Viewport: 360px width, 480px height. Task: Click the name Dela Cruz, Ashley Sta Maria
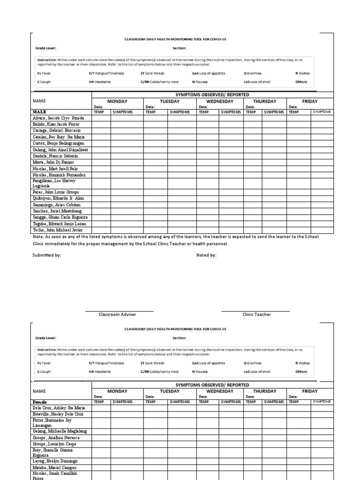59,408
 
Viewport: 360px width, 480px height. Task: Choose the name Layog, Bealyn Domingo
55,461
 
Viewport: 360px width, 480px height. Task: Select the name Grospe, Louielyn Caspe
54,443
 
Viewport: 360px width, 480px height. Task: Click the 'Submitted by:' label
46,255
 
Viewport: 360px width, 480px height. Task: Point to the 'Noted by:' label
206,255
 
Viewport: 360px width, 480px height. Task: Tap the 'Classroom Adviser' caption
119,315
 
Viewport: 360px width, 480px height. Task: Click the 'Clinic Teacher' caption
256,315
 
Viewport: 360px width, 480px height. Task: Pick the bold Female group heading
40,402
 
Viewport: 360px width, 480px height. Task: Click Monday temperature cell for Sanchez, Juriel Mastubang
101,211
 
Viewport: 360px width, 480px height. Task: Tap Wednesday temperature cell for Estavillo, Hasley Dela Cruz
207,414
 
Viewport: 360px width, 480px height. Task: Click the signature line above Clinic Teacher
255,311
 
